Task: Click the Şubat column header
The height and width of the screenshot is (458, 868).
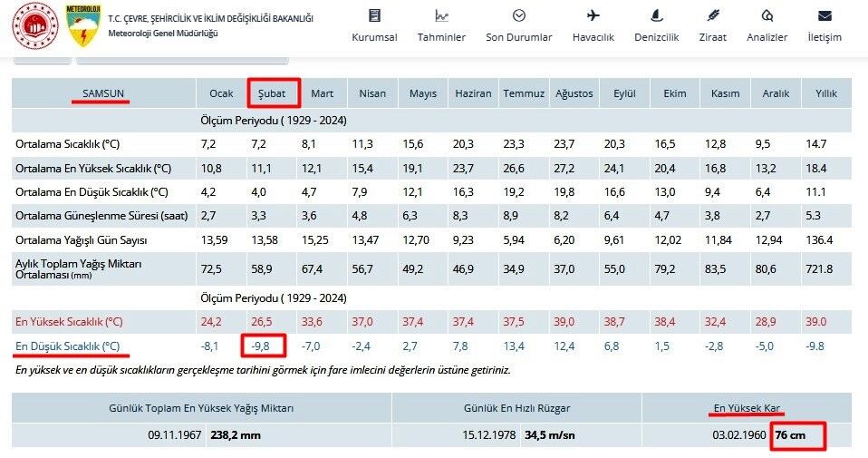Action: [272, 93]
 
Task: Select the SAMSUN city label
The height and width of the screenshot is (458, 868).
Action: [103, 93]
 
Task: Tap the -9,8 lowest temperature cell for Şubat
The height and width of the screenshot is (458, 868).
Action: [260, 346]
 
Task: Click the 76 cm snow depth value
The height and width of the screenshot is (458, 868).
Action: [790, 434]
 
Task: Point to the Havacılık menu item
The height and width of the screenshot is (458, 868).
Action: [593, 37]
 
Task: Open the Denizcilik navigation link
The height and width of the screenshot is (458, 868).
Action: [657, 37]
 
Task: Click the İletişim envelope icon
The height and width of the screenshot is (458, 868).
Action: [825, 15]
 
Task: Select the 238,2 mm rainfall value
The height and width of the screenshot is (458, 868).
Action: [236, 435]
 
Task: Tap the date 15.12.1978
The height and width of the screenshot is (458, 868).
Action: [488, 435]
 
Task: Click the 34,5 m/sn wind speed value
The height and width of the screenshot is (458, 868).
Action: [550, 435]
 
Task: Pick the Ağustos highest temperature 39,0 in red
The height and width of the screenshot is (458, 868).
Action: [564, 322]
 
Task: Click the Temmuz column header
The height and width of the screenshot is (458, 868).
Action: [524, 93]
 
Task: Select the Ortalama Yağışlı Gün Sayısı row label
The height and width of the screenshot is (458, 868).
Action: [81, 240]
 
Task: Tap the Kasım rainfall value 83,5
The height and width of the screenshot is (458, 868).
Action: [715, 269]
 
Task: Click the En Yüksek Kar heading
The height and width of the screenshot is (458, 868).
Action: [747, 408]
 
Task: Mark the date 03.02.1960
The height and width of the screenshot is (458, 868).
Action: [739, 435]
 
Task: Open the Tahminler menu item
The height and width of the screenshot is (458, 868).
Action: [441, 37]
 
